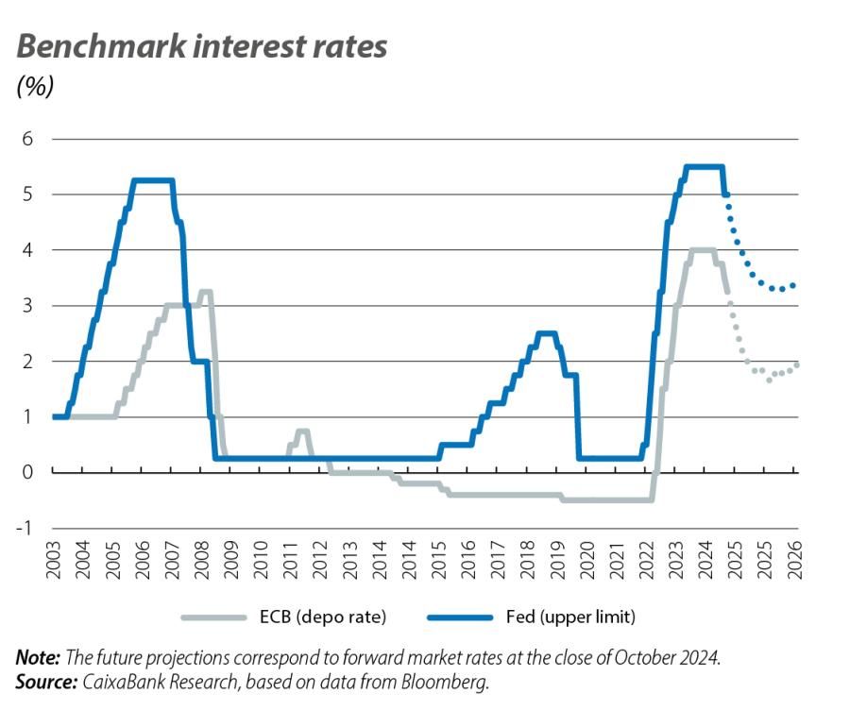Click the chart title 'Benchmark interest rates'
(202, 46)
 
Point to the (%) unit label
(36, 86)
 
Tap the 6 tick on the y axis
(27, 139)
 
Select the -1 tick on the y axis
(25, 528)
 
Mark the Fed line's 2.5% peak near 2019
(546, 333)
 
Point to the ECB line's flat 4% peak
(701, 250)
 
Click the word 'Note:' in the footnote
(39, 657)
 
